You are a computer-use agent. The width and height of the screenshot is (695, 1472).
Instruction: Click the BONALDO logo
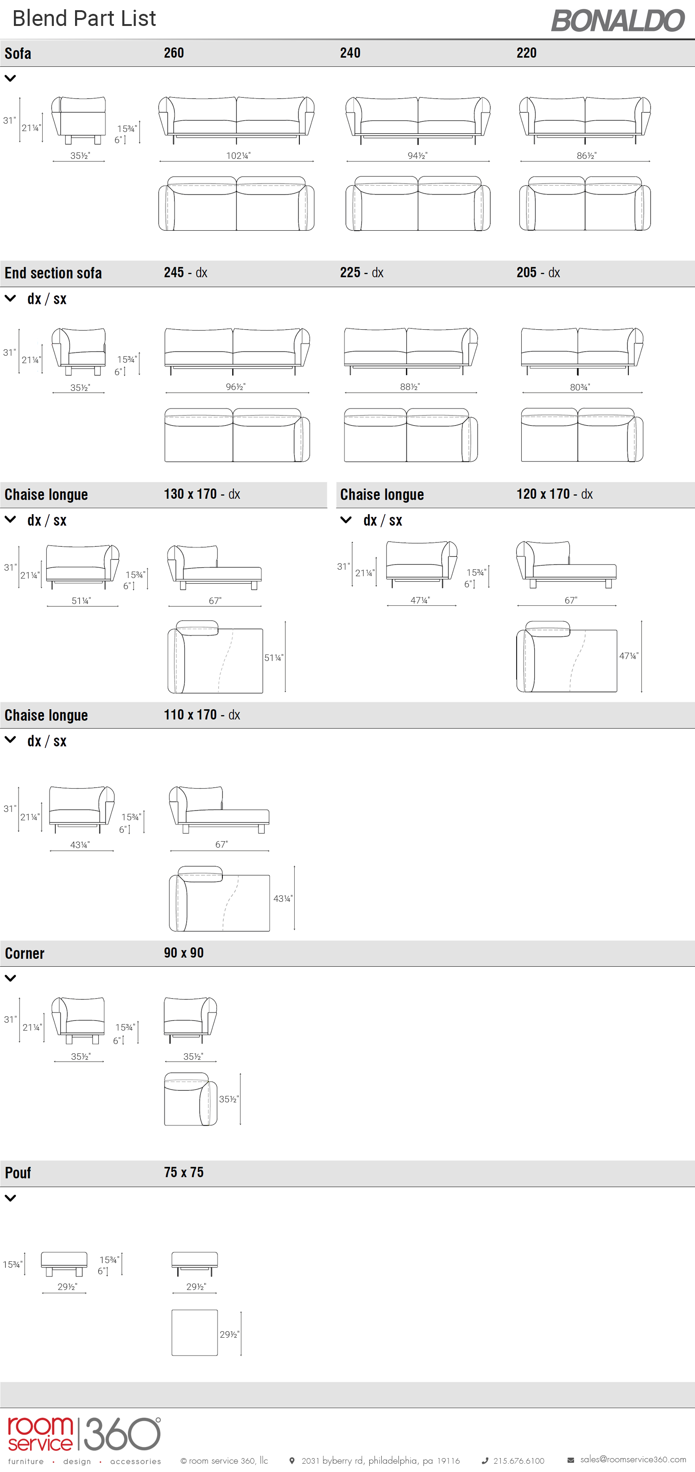[618, 20]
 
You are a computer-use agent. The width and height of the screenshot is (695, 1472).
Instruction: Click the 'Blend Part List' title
[84, 18]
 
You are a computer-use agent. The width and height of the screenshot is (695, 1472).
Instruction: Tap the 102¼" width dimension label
[238, 156]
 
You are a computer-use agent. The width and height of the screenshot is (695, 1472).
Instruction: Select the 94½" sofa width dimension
[418, 156]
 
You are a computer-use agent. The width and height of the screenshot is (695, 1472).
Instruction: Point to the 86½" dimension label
[587, 156]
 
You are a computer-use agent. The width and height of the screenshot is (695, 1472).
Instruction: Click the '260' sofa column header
[174, 53]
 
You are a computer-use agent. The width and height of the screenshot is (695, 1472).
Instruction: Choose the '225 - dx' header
[362, 272]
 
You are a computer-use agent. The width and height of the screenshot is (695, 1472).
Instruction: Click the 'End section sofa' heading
[53, 273]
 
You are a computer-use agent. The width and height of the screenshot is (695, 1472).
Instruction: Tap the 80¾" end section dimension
[580, 387]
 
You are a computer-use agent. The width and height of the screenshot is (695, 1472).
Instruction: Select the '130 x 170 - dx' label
[202, 494]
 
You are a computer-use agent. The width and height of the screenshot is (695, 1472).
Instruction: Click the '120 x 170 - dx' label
[555, 494]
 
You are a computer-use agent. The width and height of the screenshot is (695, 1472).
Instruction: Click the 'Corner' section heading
[25, 953]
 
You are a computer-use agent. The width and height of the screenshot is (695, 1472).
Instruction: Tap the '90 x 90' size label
[183, 953]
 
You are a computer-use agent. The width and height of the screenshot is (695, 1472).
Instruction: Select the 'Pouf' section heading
[18, 1173]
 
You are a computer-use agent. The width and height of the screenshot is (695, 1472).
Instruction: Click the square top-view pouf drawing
[195, 1333]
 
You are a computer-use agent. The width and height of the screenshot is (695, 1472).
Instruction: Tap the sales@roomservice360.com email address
[633, 1459]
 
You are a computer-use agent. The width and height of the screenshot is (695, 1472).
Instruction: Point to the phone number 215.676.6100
[518, 1460]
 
